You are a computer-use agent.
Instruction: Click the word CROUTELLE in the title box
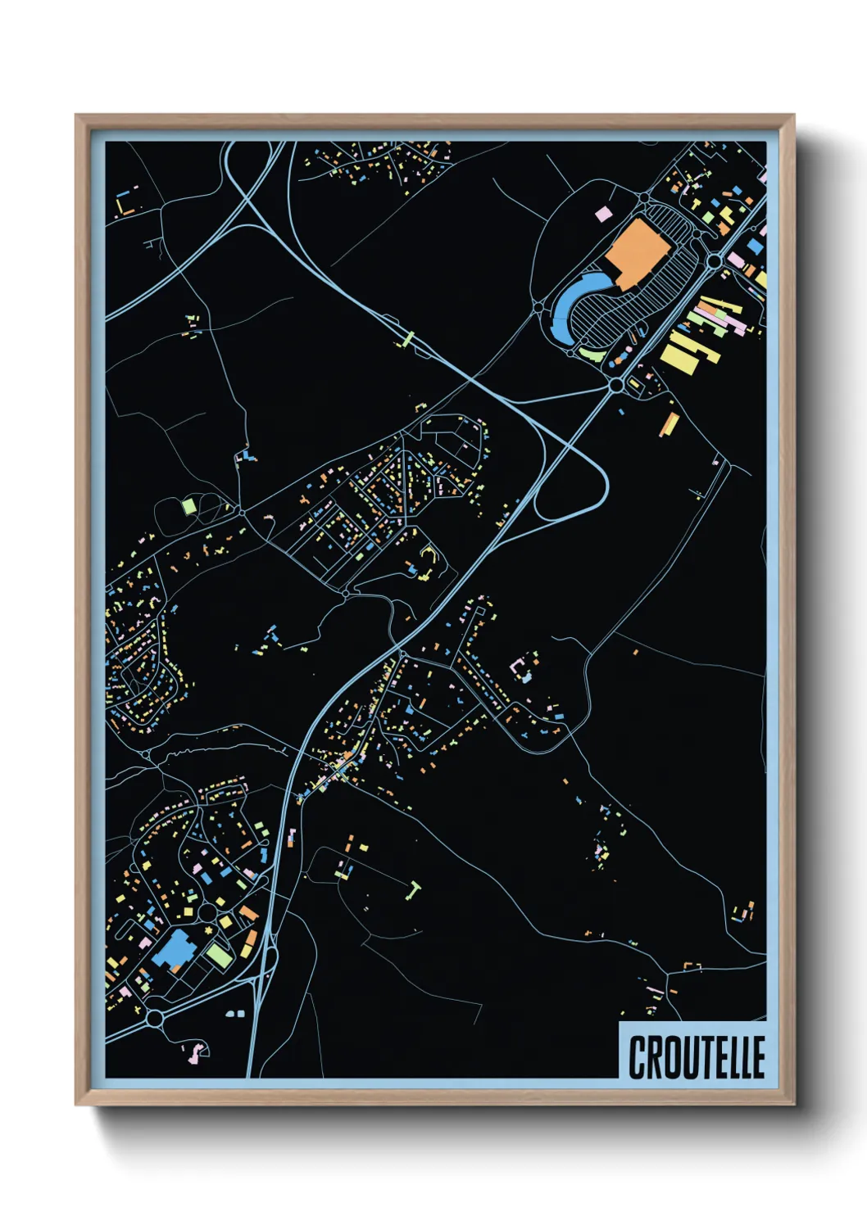tap(696, 1056)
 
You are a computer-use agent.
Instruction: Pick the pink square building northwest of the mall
tap(602, 214)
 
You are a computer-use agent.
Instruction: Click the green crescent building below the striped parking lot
tap(592, 355)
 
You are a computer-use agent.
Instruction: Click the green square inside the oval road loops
tap(188, 506)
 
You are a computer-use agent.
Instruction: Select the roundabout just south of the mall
tap(616, 384)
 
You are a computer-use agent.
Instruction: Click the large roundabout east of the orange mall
tap(714, 261)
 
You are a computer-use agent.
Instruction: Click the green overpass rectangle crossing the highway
tap(406, 339)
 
